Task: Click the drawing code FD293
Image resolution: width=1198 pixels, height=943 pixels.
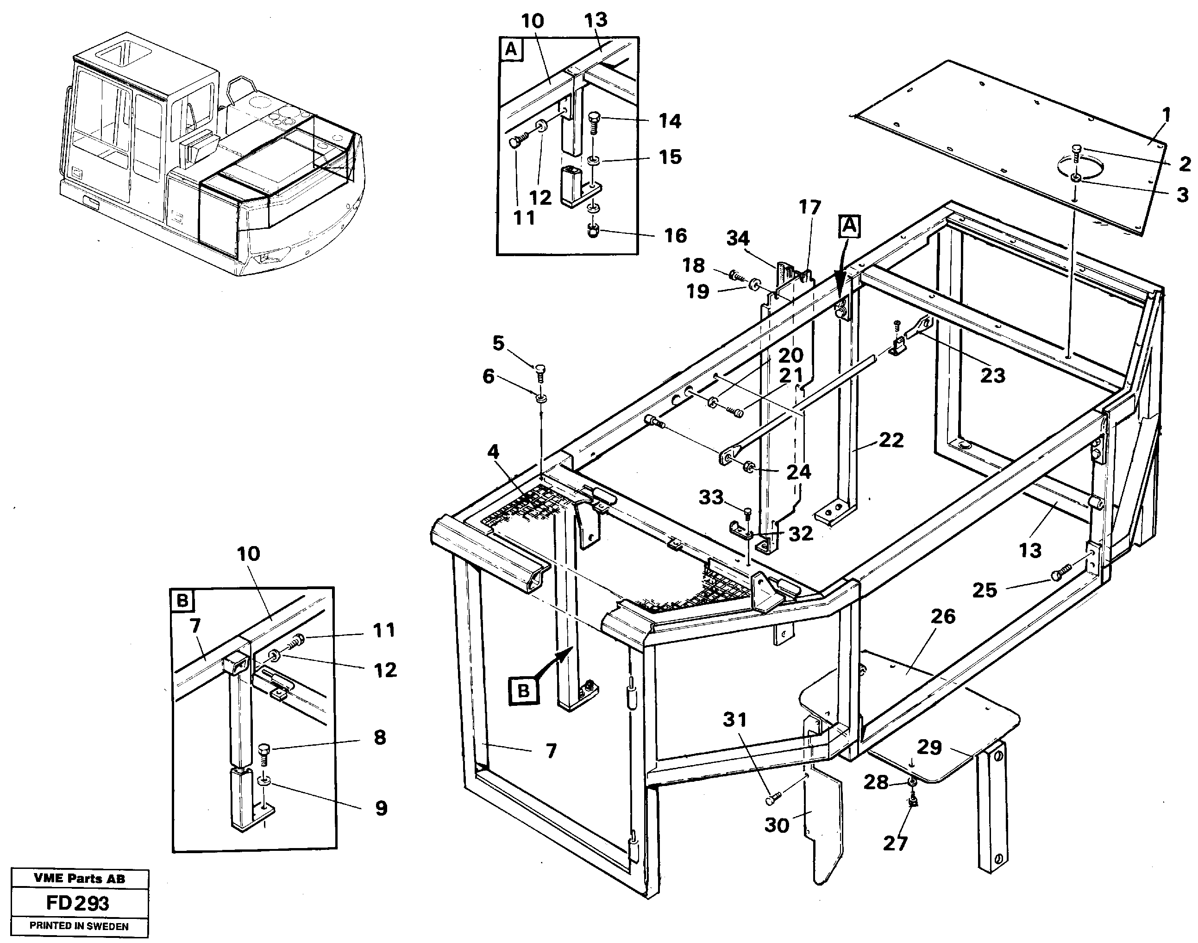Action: [x=77, y=903]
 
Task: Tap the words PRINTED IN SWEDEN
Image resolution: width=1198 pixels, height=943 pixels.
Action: [x=79, y=926]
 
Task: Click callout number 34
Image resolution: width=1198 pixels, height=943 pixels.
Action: [x=738, y=238]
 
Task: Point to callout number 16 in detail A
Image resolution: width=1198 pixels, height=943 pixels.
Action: [x=675, y=236]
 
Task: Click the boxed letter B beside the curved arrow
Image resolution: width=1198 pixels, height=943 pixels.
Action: [x=523, y=691]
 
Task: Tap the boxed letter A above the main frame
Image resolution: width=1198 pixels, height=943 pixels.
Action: [x=850, y=226]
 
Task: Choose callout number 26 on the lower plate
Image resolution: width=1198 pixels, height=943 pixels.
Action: [x=942, y=616]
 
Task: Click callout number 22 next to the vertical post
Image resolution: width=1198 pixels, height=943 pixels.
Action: [x=891, y=440]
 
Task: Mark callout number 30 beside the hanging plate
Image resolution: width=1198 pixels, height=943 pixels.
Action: [x=776, y=825]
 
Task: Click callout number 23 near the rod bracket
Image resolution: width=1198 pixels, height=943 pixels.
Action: [x=992, y=376]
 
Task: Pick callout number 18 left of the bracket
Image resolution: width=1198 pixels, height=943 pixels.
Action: [x=693, y=265]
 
